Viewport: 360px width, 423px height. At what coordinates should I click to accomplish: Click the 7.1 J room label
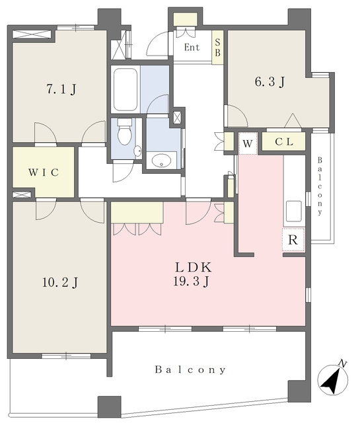61,89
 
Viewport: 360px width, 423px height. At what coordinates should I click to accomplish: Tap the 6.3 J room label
270,81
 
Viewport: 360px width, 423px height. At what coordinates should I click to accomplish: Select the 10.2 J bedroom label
60,282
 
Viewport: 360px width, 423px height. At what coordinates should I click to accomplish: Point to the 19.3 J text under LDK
191,282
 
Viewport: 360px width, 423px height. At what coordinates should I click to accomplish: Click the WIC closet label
44,172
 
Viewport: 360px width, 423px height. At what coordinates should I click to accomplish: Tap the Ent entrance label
192,48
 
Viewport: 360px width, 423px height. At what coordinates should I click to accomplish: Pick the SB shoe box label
217,47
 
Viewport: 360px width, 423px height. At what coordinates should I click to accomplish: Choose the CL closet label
284,141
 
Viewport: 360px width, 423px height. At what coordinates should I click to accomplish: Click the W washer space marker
248,143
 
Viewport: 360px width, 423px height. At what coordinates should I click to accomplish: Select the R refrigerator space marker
293,239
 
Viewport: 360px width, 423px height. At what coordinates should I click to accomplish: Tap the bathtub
125,89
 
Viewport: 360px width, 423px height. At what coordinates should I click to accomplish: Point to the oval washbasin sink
162,161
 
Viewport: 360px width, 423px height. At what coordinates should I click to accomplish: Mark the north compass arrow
332,382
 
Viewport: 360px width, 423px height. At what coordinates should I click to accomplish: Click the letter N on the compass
342,364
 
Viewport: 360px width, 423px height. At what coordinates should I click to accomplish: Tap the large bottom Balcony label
190,369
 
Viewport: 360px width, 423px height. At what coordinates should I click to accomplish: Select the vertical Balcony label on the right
320,186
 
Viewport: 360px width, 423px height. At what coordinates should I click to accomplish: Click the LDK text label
194,267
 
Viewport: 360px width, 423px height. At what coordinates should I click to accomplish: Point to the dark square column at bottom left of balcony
109,407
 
